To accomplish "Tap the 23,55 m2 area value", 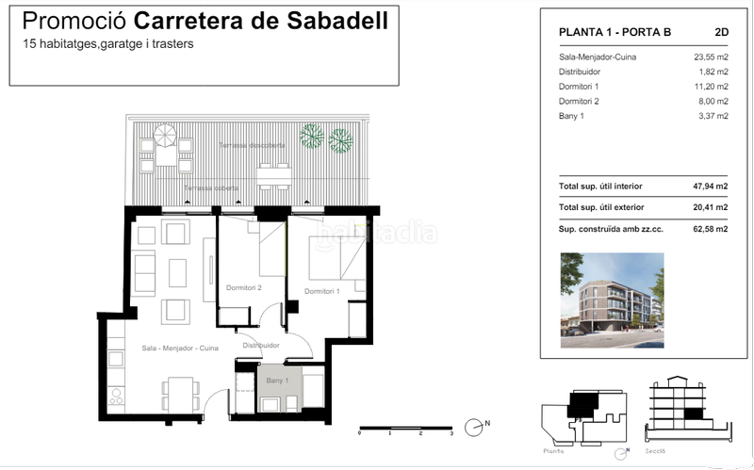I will [710, 57].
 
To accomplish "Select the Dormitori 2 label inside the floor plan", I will [243, 287].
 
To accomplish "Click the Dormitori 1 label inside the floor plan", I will [322, 291].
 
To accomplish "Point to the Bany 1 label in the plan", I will [276, 380].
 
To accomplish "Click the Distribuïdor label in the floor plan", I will [261, 346].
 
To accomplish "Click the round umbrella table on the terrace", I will [166, 137].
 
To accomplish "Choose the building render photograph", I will [612, 294].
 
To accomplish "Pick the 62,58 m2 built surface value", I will [710, 229].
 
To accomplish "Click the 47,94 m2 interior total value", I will [710, 187].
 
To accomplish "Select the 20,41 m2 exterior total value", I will [710, 207].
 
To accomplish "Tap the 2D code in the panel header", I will [722, 32].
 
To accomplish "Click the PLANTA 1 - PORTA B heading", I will [615, 32].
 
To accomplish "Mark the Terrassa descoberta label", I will [249, 146].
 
